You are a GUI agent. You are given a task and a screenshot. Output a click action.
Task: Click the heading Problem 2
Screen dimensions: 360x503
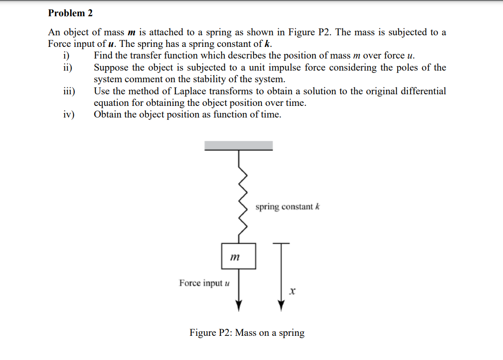70,13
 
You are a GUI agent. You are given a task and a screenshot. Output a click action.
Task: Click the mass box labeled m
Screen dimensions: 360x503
238,256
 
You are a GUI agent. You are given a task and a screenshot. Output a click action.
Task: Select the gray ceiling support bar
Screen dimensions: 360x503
239,145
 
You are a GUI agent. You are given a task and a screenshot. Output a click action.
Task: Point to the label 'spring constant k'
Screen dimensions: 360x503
287,207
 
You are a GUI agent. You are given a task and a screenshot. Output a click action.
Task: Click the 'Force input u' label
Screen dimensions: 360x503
204,283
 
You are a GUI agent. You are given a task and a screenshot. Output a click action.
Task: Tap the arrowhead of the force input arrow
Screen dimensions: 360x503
239,306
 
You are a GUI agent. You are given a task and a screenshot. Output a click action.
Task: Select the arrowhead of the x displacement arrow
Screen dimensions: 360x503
281,306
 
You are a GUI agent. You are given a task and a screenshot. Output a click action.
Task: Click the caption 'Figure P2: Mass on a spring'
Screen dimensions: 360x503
247,333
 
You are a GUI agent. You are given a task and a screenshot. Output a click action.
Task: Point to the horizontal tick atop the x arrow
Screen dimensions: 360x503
281,243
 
